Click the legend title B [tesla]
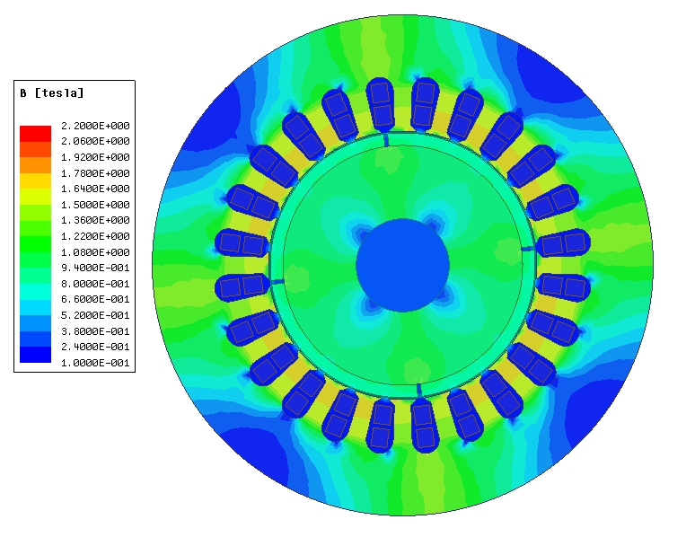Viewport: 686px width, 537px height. coord(51,93)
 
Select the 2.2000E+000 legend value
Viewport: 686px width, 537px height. coord(95,126)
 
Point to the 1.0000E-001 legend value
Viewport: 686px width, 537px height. coord(95,363)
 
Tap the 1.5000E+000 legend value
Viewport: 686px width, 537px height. coord(95,205)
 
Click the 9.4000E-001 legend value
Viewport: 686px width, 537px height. coord(95,268)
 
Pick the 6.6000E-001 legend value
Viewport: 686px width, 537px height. coord(95,299)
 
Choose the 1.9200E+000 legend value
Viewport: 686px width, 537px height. coord(95,157)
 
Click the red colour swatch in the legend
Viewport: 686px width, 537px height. coord(35,134)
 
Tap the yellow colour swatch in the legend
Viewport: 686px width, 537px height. coord(35,180)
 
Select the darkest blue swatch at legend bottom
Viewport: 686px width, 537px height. coord(35,355)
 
